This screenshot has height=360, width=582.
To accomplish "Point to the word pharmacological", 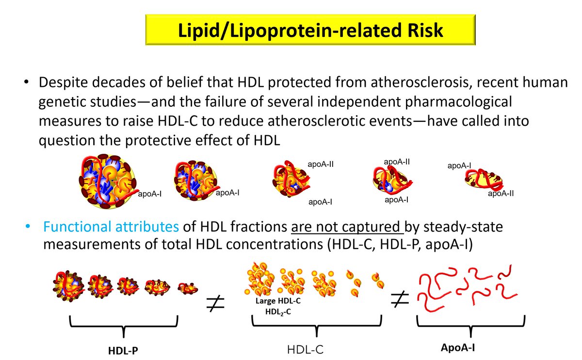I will pos(456,103).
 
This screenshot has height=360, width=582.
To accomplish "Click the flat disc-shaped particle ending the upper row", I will pos(485,180).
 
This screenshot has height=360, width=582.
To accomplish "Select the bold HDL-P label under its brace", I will pos(123,349).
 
